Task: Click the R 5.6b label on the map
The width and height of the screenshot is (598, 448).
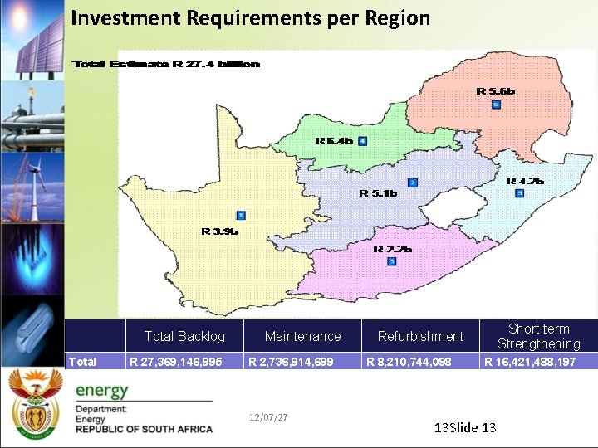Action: click(495, 91)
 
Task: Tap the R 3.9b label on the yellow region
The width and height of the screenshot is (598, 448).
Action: click(220, 231)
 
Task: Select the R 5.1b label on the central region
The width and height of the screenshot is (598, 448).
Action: click(378, 193)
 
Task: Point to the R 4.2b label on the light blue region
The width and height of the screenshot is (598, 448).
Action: click(525, 181)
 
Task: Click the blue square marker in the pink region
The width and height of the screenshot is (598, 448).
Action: click(392, 261)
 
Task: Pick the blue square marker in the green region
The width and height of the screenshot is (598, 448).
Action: click(362, 140)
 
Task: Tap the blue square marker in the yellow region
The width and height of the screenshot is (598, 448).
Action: click(241, 215)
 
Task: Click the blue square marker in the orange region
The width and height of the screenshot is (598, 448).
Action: click(496, 105)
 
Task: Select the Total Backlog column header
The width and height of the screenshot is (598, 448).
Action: click(184, 336)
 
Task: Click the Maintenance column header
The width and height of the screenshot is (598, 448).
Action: click(302, 336)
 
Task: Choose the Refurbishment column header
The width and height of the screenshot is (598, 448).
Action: click(420, 336)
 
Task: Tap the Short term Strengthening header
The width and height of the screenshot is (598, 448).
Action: click(538, 336)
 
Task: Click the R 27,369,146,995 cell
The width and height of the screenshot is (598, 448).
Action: click(176, 362)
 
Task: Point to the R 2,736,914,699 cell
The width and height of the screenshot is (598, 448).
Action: click(292, 362)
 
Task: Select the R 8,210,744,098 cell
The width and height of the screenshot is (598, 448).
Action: click(409, 362)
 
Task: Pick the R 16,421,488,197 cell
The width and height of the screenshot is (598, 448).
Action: click(530, 362)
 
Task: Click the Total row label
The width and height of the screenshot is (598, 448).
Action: click(82, 362)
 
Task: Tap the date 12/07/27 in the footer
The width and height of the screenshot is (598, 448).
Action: click(268, 416)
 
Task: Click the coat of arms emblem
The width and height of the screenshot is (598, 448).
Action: click(35, 402)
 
